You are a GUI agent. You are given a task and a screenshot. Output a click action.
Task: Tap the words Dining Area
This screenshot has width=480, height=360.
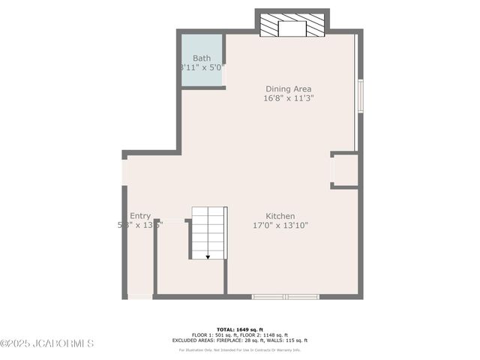click(x=288, y=88)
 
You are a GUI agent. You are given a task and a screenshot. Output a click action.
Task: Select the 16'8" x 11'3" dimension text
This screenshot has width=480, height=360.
click(x=288, y=97)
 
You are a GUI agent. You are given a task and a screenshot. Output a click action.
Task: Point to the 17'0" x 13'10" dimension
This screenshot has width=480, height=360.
click(x=280, y=225)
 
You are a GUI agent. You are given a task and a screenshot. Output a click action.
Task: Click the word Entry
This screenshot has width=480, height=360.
click(x=139, y=216)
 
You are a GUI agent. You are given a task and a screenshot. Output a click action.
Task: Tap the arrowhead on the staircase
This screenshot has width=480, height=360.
click(x=208, y=256)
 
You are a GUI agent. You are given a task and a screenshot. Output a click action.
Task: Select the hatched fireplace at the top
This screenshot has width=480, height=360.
click(x=292, y=25)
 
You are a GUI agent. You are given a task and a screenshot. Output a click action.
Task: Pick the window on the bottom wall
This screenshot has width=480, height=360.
click(x=286, y=297)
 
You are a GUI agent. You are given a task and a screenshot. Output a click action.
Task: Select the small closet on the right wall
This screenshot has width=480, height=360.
click(x=344, y=170)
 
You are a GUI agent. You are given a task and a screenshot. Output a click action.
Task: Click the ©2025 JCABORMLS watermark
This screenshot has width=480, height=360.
click(x=46, y=344)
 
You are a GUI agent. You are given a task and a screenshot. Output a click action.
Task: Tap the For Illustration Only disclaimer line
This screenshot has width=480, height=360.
click(x=240, y=349)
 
